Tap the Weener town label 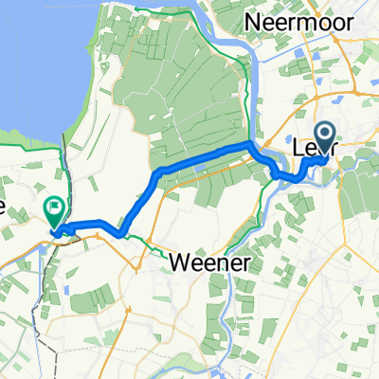coord(209,262)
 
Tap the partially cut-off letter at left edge coord(3,208)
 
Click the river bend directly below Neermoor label coord(248,57)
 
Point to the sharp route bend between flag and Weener coord(120,233)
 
